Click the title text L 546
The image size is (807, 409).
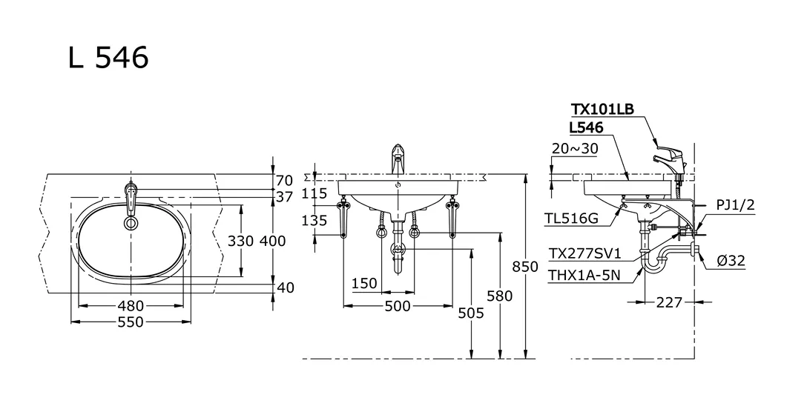point(108,57)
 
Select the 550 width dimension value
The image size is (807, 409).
point(131,322)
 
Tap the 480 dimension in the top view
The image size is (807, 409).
point(131,305)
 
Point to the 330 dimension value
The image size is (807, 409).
point(240,242)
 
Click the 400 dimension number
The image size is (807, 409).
point(272,242)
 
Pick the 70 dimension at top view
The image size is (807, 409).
point(285,180)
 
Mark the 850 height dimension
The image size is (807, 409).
point(524,267)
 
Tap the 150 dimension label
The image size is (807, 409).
point(364,283)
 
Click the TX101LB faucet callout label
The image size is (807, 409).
point(602,110)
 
